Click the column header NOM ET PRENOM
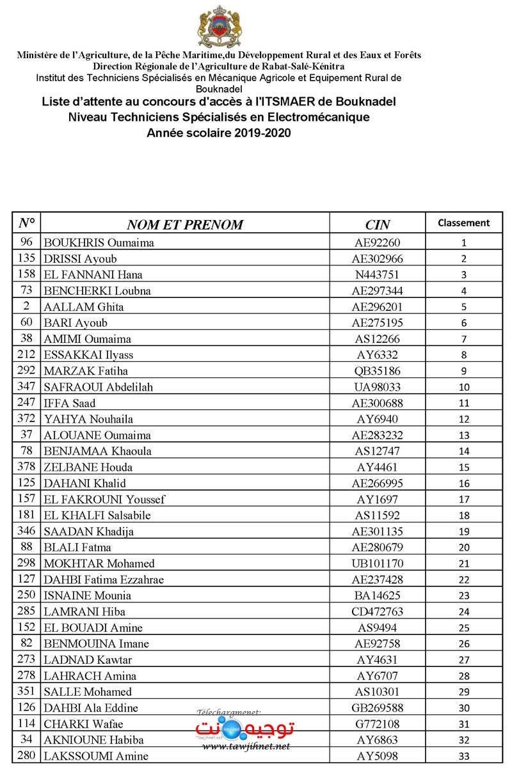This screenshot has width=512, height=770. click(185, 224)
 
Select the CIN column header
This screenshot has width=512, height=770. click(378, 224)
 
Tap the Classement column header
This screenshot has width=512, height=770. click(464, 223)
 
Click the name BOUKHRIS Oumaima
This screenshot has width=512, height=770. click(99, 243)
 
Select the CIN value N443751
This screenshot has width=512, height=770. click(378, 275)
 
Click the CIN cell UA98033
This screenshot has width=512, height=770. click(378, 387)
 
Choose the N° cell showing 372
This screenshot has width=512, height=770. click(26, 419)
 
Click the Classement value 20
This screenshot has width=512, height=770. click(464, 547)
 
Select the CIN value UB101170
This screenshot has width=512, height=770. click(378, 563)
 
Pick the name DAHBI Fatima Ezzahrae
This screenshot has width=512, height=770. click(104, 579)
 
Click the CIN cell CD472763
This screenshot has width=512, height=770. click(378, 611)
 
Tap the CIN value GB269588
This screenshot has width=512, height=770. click(378, 708)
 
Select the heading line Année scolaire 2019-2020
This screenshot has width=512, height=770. click(218, 133)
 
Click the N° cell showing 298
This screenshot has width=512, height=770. click(26, 563)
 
